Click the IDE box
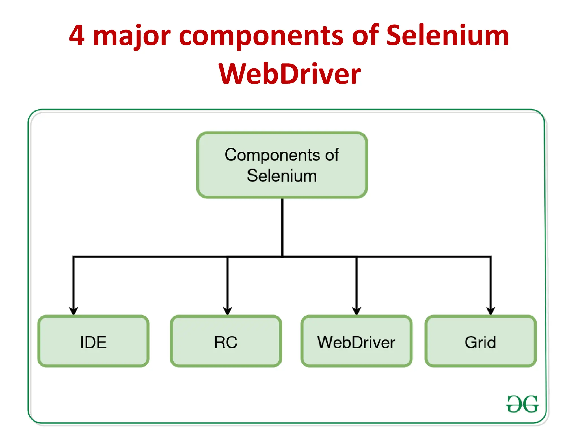93,341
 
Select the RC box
226,341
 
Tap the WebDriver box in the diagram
356,341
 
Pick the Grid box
480,341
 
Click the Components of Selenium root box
282,165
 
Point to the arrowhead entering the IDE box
74,311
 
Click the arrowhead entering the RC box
228,311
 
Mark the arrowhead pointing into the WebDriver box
357,311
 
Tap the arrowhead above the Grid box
491,311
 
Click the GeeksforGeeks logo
522,404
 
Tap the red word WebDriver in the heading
289,74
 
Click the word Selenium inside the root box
282,176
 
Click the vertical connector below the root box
282,226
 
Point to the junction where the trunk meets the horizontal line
282,257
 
